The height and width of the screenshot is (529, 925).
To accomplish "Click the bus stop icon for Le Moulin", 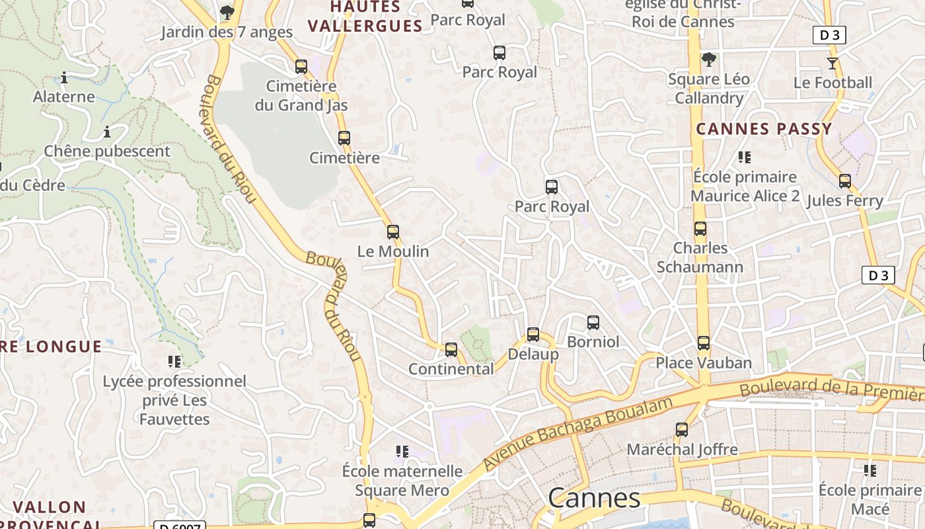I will (393, 232).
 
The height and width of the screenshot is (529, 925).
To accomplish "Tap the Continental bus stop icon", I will (451, 350).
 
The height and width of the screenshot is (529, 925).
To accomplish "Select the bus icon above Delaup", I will (533, 335).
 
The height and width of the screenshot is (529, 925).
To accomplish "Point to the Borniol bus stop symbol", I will (593, 323).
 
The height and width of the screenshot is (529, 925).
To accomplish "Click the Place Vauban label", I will (704, 363).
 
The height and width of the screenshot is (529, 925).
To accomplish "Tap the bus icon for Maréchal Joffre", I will (682, 430).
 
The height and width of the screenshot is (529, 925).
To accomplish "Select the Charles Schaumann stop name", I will (700, 257).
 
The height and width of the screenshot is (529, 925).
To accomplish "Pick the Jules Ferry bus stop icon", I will (845, 181).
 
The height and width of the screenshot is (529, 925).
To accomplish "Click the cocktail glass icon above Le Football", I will (832, 63).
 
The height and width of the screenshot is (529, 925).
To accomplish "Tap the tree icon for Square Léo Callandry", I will (709, 60).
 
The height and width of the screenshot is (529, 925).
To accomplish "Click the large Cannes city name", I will (594, 498).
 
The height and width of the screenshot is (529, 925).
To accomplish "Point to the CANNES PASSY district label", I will (764, 129).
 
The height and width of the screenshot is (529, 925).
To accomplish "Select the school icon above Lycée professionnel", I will (174, 362).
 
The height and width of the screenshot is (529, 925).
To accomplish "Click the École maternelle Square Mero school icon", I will (402, 452).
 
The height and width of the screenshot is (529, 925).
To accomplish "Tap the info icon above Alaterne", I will (64, 77).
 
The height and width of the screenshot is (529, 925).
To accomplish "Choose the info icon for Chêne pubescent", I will (107, 132).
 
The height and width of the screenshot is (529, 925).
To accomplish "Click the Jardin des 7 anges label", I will (227, 32).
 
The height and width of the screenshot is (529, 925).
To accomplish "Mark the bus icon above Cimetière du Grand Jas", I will (301, 67).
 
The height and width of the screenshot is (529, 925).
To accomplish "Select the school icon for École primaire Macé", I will (870, 471).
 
